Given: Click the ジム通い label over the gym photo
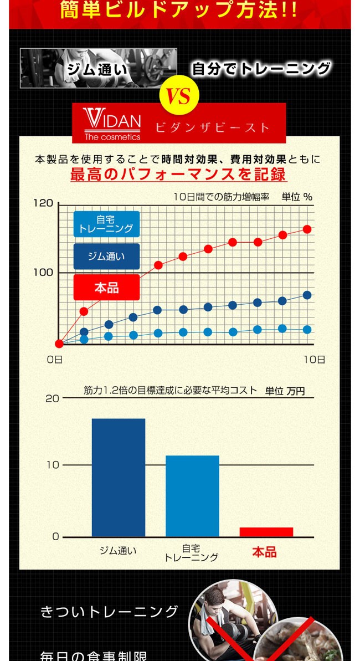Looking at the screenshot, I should [97, 70].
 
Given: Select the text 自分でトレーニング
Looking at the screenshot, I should [261, 69].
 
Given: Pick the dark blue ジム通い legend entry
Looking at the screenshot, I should [106, 257].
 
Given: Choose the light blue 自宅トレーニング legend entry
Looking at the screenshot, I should [106, 224].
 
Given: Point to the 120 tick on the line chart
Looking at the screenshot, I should [43, 203].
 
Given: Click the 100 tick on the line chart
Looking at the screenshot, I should [43, 273].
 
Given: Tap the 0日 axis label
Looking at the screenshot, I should [55, 359].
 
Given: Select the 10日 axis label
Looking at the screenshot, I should [314, 359].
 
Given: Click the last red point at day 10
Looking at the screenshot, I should [307, 229].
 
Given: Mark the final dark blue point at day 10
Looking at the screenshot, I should [307, 295].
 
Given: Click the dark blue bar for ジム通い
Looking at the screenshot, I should [119, 477].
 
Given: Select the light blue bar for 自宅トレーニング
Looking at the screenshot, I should [192, 495].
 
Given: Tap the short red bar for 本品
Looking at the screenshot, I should [266, 532].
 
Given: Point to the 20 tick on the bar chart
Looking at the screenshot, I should [52, 398].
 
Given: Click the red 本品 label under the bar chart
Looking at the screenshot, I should [264, 552].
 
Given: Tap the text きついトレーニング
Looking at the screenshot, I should [110, 612].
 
